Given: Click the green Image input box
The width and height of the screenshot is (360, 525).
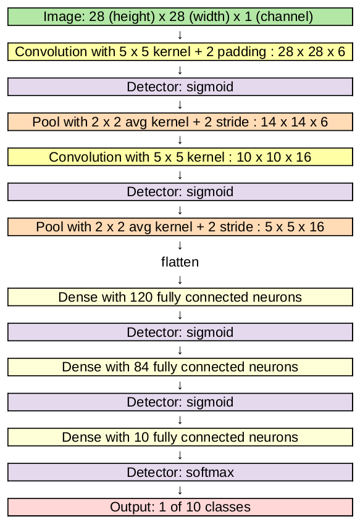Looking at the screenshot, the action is coord(180,17).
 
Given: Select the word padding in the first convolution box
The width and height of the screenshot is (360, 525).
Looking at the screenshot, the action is coord(241,52).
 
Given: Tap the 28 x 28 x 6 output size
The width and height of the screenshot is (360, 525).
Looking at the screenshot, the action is coord(311,52).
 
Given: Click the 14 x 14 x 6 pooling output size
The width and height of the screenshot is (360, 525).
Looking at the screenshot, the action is coord(294,122).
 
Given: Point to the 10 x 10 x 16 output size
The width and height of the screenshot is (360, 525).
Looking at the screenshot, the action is coord(274,157).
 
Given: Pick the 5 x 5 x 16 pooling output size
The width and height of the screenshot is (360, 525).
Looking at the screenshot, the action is coord(295,227).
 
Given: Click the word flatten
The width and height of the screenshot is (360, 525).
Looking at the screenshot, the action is coord(180,262).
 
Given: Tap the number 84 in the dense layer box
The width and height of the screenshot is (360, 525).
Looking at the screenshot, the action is coord(141,367).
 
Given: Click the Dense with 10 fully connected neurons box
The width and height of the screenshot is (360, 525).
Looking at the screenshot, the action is coord(180,437).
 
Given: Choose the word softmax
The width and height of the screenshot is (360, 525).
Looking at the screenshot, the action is coord(210,472).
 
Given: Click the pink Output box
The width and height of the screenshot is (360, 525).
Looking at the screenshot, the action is coord(180,507).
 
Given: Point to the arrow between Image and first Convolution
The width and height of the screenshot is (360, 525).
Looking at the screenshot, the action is coord(180,35).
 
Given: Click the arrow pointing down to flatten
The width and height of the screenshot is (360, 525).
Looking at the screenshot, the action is coord(180,245).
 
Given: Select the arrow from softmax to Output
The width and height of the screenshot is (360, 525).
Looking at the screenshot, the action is coord(180,490).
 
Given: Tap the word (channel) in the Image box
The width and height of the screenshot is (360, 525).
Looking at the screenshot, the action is coord(284,17).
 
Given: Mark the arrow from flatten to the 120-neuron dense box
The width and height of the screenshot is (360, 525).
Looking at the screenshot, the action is coord(180,279).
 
